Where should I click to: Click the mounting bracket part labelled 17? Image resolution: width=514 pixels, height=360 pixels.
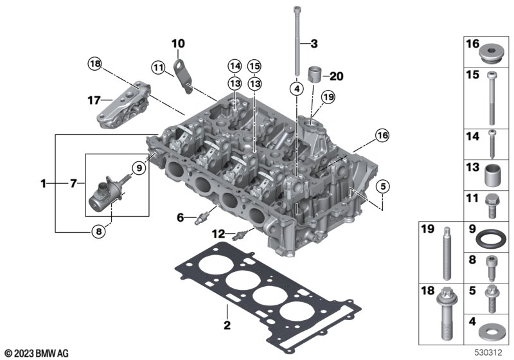pos(126,103)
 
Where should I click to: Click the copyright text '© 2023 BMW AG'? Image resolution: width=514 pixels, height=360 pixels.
pos(36,353)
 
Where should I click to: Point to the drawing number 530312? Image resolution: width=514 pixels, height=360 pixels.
pos(488,353)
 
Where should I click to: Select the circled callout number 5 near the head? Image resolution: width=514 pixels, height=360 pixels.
pos(382,187)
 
